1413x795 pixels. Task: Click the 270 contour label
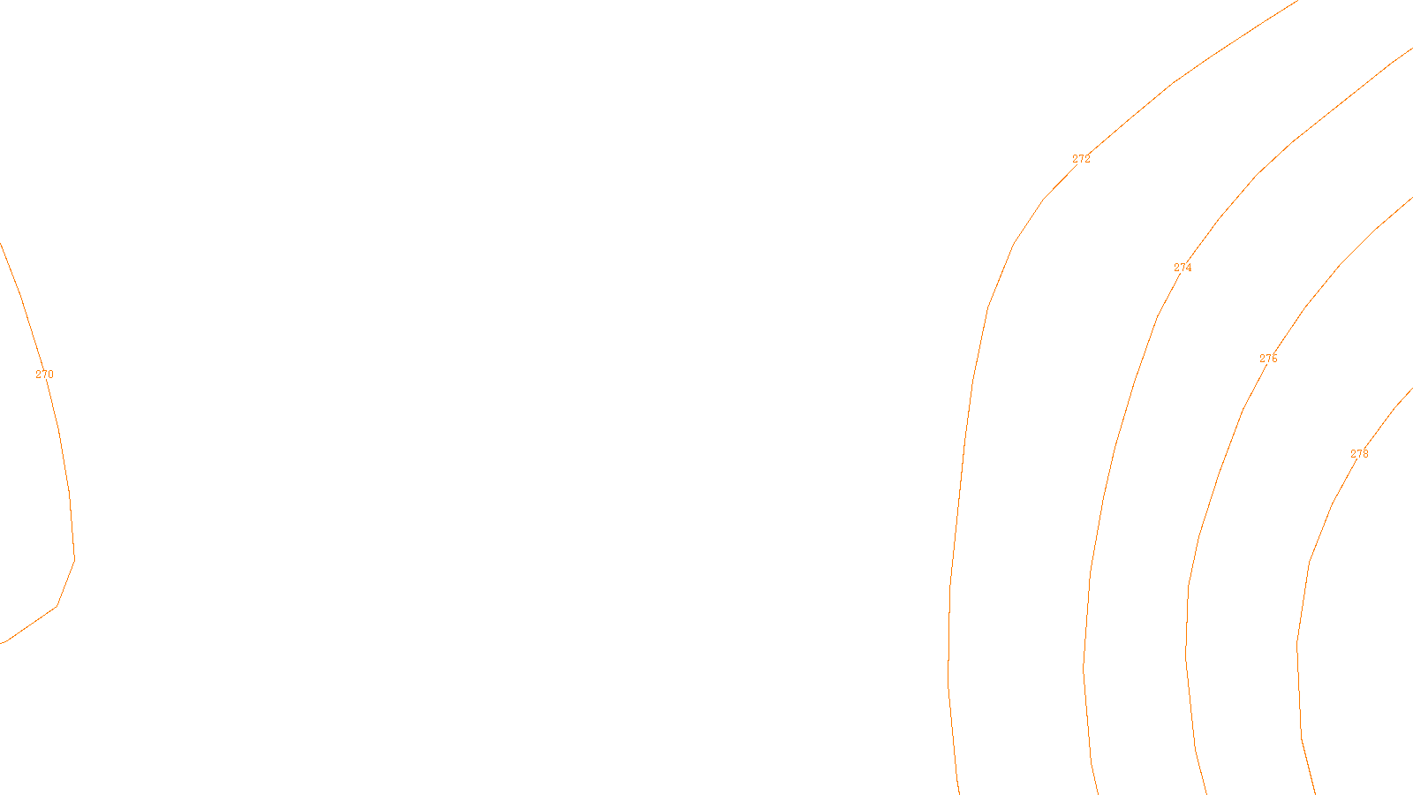(x=44, y=375)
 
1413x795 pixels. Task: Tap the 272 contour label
(x=1081, y=159)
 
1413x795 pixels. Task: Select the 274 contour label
(x=1183, y=268)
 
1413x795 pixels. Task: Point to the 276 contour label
(x=1268, y=359)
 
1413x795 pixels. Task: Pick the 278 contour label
(x=1359, y=454)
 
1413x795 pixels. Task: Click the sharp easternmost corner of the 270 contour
(x=75, y=558)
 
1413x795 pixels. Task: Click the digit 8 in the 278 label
(x=1365, y=454)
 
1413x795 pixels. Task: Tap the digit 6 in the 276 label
(x=1274, y=359)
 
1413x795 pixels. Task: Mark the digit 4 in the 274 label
(x=1189, y=268)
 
